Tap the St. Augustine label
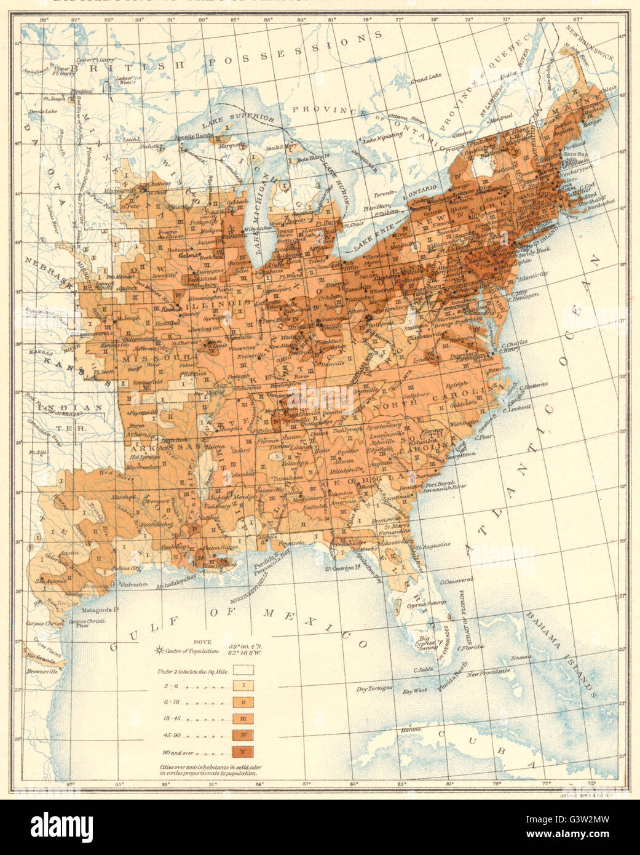pyautogui.click(x=433, y=544)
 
